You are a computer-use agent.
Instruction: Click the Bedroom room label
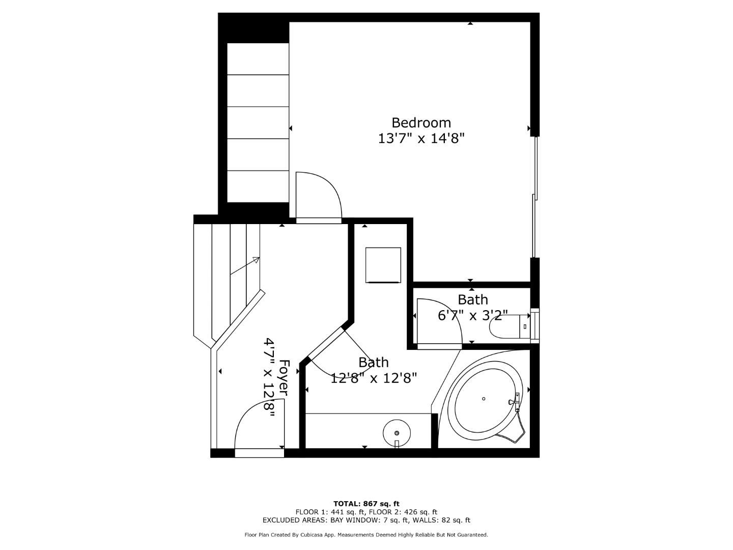pyautogui.click(x=421, y=123)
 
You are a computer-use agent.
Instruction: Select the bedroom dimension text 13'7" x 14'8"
pyautogui.click(x=421, y=139)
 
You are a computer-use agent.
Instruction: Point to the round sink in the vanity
pyautogui.click(x=397, y=432)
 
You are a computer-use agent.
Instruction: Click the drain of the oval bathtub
pyautogui.click(x=484, y=399)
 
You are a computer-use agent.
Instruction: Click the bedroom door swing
pyautogui.click(x=318, y=196)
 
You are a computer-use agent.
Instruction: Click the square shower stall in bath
pyautogui.click(x=383, y=264)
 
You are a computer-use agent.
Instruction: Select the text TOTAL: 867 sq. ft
pyautogui.click(x=366, y=504)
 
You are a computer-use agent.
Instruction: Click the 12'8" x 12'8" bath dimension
pyautogui.click(x=374, y=378)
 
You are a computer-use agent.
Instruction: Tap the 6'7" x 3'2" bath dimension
pyautogui.click(x=472, y=316)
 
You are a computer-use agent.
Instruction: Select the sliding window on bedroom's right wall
pyautogui.click(x=534, y=197)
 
